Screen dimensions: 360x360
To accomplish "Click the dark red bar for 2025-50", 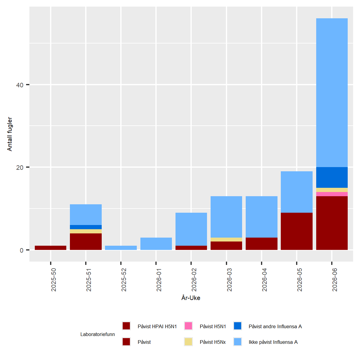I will pyautogui.click(x=50, y=248).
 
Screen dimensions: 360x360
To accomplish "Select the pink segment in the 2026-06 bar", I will pyautogui.click(x=332, y=194).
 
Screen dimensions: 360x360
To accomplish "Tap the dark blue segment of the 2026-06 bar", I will pyautogui.click(x=332, y=177).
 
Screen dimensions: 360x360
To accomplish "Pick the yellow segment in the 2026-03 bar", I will pyautogui.click(x=226, y=239).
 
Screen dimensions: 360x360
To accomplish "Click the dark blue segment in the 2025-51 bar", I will pyautogui.click(x=86, y=227).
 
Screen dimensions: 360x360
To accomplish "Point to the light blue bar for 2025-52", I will pyautogui.click(x=121, y=248).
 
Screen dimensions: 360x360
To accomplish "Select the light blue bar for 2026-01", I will pyautogui.click(x=156, y=244).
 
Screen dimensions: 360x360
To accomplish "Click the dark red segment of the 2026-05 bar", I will pyautogui.click(x=297, y=231).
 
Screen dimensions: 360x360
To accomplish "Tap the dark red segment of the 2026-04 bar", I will pyautogui.click(x=262, y=244).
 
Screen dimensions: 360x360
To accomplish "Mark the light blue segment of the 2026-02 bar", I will pyautogui.click(x=191, y=229).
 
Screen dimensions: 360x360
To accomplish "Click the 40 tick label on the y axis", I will pyautogui.click(x=20, y=85).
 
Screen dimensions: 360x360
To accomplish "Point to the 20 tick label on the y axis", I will pyautogui.click(x=20, y=168).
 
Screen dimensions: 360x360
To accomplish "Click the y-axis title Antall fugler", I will pyautogui.click(x=10, y=134).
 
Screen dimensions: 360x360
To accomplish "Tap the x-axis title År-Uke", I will pyautogui.click(x=191, y=298).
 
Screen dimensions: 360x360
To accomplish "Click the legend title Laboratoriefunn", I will pyautogui.click(x=97, y=334).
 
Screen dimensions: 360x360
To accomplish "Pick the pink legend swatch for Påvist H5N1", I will pyautogui.click(x=188, y=326).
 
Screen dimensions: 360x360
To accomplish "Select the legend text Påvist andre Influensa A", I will pyautogui.click(x=275, y=326).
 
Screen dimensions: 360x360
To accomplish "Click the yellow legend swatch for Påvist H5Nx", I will pyautogui.click(x=188, y=342).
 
